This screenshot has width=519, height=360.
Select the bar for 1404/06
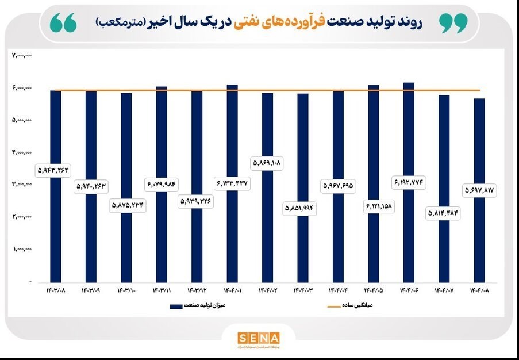tap(409, 132)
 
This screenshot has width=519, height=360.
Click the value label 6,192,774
tap(409, 182)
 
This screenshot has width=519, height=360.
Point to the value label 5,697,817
tap(479, 190)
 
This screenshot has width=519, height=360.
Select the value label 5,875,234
tap(126, 205)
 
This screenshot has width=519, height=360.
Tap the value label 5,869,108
tap(267, 163)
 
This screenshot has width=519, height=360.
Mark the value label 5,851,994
tap(303, 208)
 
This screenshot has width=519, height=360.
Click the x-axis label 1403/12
tap(197, 290)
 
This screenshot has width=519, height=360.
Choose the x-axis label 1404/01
tap(232, 290)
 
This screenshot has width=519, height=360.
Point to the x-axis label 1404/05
tap(374, 290)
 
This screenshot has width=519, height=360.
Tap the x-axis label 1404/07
tap(444, 290)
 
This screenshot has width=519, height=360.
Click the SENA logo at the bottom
tap(259, 338)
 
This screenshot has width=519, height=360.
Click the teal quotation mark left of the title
tap(63, 23)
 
